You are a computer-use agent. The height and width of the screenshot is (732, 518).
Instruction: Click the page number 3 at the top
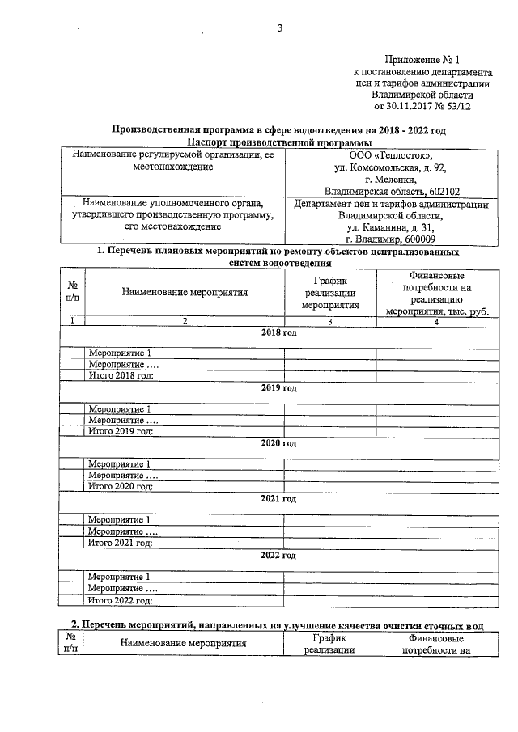pos(279,30)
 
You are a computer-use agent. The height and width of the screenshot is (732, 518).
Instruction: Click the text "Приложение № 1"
pos(424,58)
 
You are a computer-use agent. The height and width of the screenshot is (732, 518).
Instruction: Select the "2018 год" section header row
pos(278,332)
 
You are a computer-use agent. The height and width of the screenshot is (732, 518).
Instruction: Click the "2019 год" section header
pos(278,388)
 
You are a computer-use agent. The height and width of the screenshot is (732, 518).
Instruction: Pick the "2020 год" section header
pos(278,444)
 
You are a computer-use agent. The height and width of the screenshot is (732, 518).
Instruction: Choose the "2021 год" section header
pos(278,500)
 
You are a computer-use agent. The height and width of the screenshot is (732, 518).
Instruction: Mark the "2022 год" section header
pos(278,556)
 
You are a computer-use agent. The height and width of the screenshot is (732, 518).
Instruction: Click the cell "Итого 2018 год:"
pos(121,375)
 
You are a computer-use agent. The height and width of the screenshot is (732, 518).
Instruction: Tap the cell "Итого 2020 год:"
pos(121,487)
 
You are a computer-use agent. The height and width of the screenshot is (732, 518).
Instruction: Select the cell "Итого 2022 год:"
pos(121,600)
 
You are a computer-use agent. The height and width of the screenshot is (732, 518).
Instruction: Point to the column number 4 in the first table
pos(435,321)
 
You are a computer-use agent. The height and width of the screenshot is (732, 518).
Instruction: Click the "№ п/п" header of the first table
pos(73,291)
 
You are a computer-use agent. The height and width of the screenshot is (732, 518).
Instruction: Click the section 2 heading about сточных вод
pos(278,625)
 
